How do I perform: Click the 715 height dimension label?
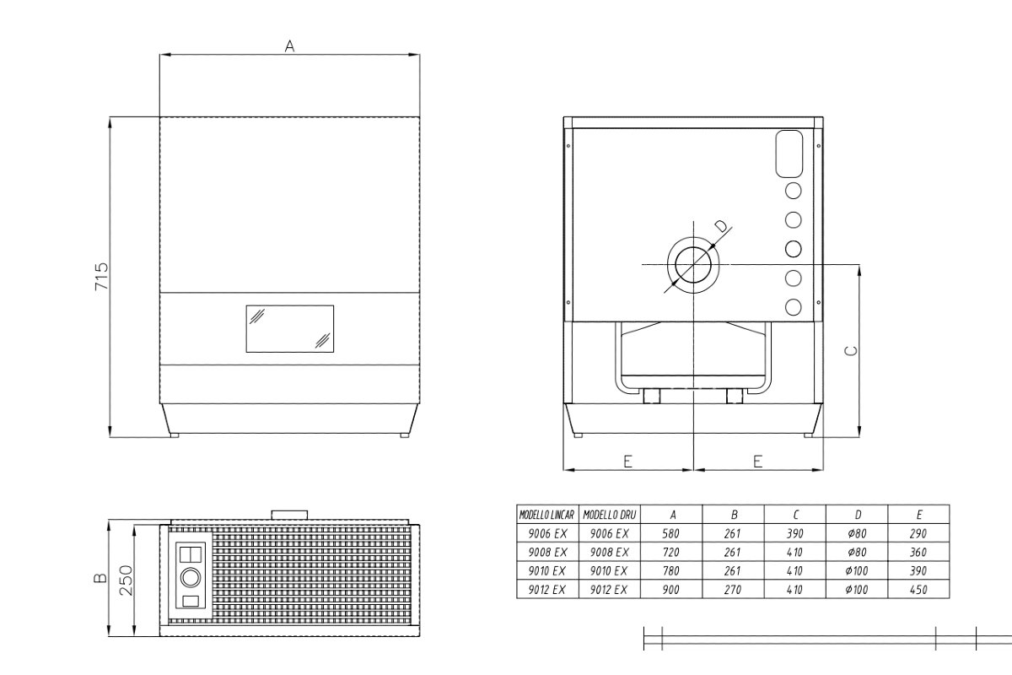(x=102, y=276)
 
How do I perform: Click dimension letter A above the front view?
(x=289, y=46)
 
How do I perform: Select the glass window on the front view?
(x=290, y=329)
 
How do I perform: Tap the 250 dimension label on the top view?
(x=126, y=580)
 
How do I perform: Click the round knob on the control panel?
(x=191, y=578)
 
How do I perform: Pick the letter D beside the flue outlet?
(x=723, y=225)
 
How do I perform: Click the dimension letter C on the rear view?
(x=851, y=351)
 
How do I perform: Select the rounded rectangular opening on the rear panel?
(x=789, y=154)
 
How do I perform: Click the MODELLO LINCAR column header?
(x=546, y=515)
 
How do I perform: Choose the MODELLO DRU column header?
(x=610, y=515)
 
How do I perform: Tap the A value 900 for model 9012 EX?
(x=671, y=590)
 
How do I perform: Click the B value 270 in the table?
(x=732, y=590)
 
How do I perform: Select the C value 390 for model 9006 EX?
(x=794, y=533)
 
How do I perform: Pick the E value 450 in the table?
(x=918, y=590)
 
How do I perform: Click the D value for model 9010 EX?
(x=857, y=571)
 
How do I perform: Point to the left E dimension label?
(x=627, y=462)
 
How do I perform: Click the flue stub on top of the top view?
(x=289, y=515)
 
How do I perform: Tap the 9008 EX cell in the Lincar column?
(x=547, y=552)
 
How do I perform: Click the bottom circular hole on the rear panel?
(x=794, y=307)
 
